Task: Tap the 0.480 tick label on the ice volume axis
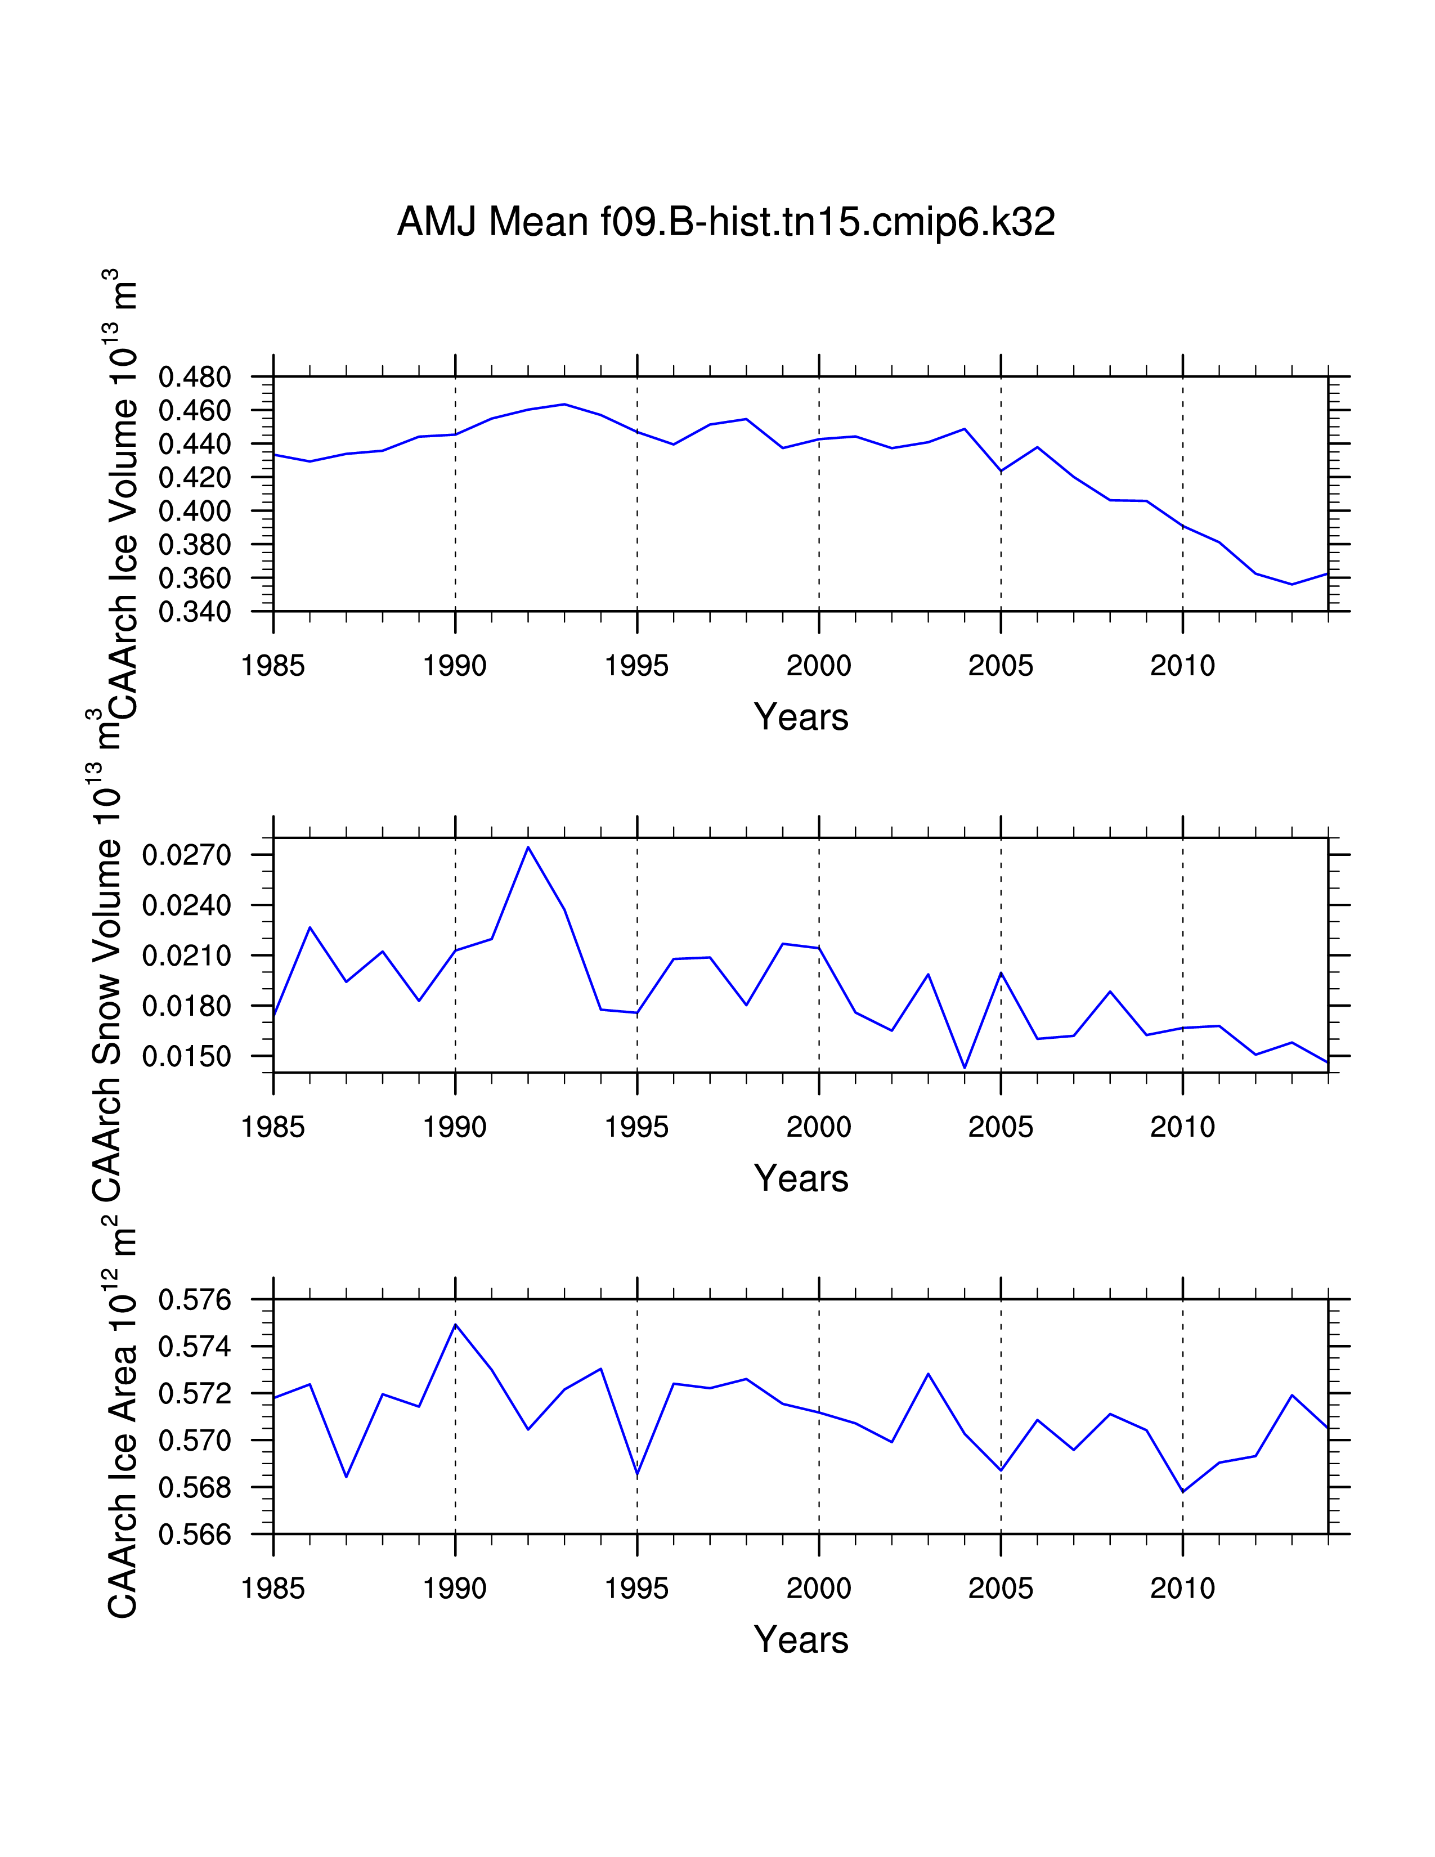click(195, 378)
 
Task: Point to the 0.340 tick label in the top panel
click(195, 612)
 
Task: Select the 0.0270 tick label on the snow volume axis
click(187, 855)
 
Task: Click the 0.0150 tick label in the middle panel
click(187, 1057)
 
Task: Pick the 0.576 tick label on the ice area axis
click(195, 1300)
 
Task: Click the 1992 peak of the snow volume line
click(528, 847)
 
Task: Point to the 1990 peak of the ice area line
click(456, 1325)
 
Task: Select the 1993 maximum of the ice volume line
click(564, 404)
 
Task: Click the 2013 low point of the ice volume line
click(1291, 584)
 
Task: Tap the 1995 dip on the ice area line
click(638, 1474)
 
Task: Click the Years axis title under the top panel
click(801, 717)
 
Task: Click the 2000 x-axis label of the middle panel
click(819, 1128)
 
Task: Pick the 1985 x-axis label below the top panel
click(273, 666)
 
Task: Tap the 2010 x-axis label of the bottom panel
click(1182, 1589)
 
